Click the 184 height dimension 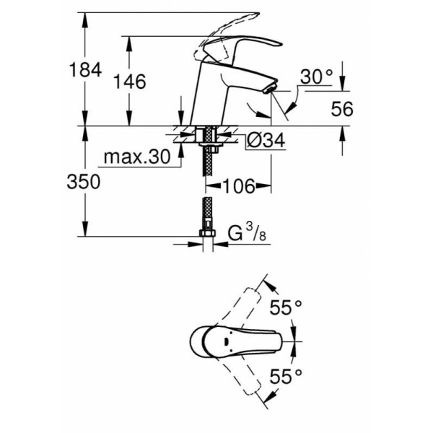(x=84, y=71)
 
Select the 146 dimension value (x=130, y=82)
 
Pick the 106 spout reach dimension (x=239, y=186)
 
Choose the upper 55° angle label (x=286, y=308)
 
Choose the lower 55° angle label (x=286, y=376)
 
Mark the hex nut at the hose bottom (x=206, y=235)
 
